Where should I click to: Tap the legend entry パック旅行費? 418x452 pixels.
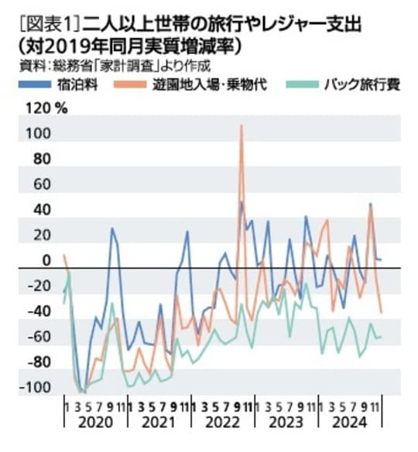361,84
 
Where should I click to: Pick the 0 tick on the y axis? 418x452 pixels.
46,261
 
